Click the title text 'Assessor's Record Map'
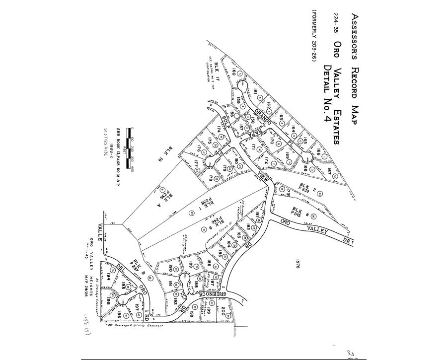click(x=355, y=69)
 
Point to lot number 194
click(x=109, y=277)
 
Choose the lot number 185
click(x=220, y=254)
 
